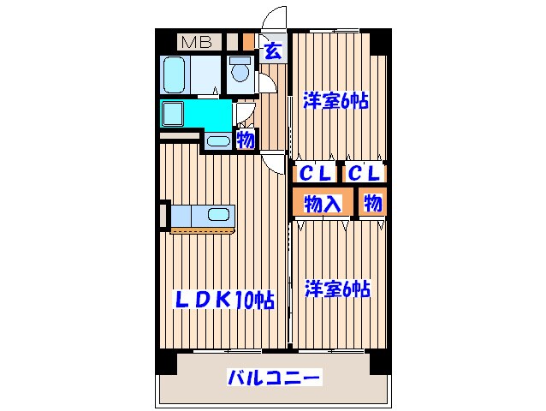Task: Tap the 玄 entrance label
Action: pyautogui.click(x=273, y=50)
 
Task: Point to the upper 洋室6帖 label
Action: pyautogui.click(x=335, y=101)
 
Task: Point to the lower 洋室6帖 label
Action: pyautogui.click(x=336, y=289)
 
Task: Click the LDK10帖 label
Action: pyautogui.click(x=225, y=300)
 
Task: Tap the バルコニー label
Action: pyautogui.click(x=273, y=378)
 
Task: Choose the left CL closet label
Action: pyautogui.click(x=314, y=173)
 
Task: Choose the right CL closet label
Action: pyautogui.click(x=365, y=173)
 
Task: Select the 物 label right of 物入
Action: pyautogui.click(x=371, y=203)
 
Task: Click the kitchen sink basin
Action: pyautogui.click(x=217, y=214)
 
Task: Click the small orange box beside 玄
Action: pyautogui.click(x=248, y=41)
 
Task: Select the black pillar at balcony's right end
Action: pyautogui.click(x=379, y=362)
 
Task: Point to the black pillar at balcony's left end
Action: pyautogui.click(x=164, y=362)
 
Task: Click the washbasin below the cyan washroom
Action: pyautogui.click(x=217, y=141)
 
